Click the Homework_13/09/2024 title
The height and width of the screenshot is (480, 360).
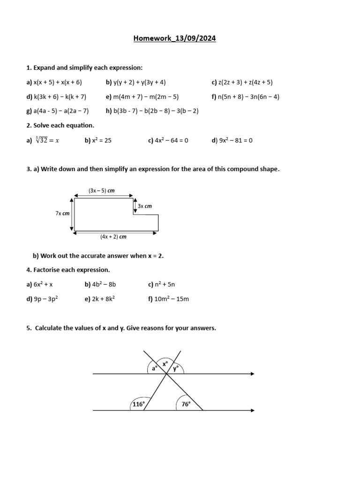coord(175,39)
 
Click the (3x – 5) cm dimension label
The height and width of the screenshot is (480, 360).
coord(102,191)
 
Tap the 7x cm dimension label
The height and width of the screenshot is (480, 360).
coord(62,213)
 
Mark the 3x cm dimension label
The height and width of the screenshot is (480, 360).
coord(144,206)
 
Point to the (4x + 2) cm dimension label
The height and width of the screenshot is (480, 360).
coord(113,237)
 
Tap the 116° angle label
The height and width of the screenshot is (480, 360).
coord(138,404)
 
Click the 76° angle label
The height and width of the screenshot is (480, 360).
coord(186,404)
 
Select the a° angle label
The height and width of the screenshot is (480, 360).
coord(154,369)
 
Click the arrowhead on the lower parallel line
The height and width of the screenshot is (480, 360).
coord(252,411)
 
